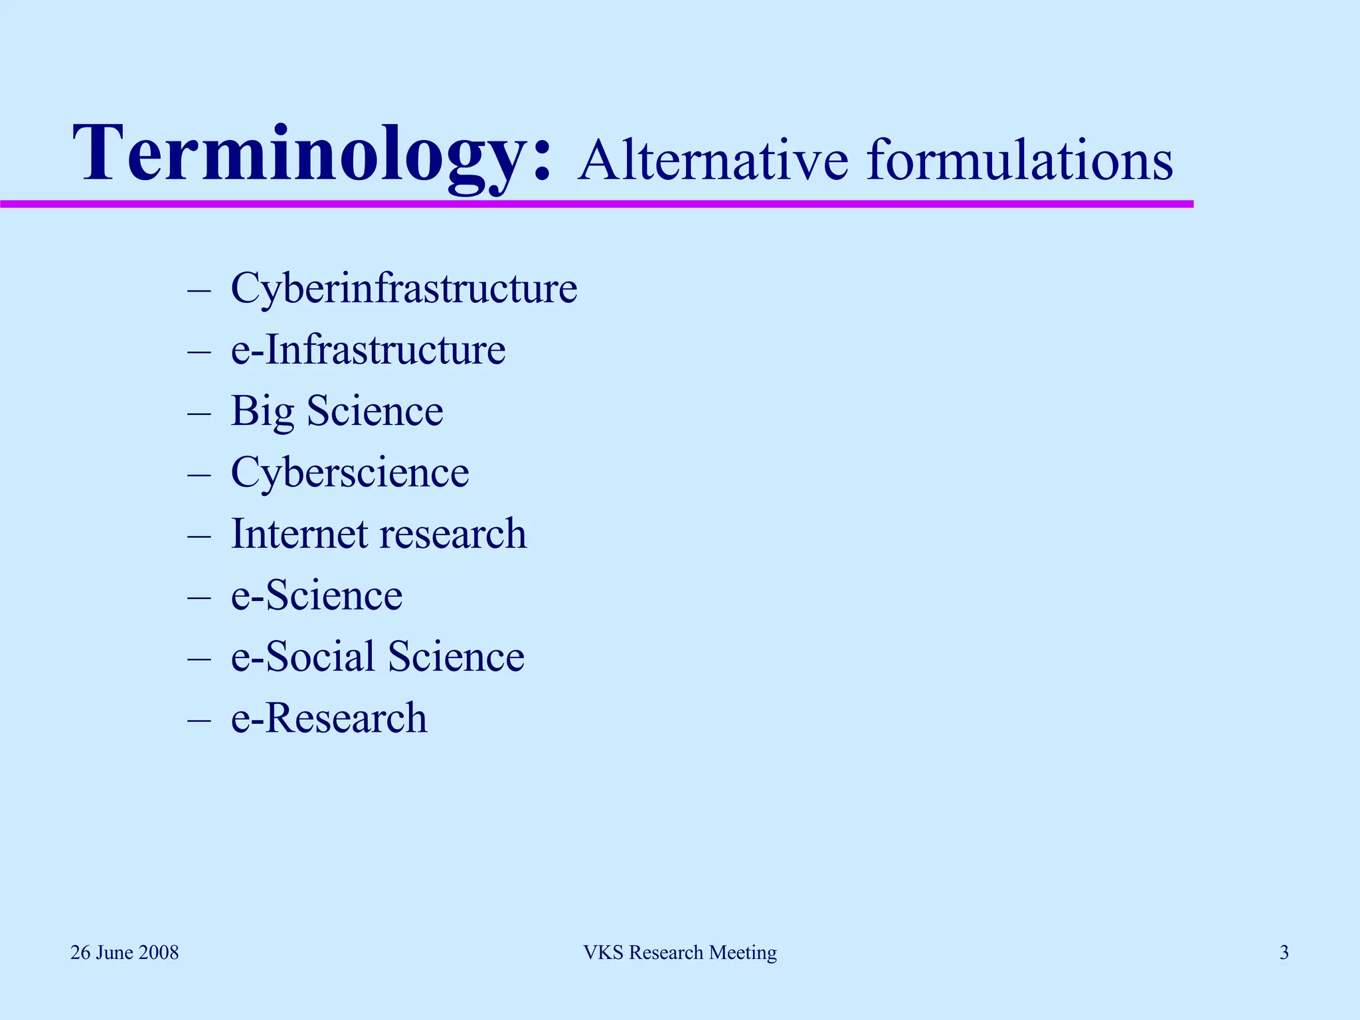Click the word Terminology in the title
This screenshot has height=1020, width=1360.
[311, 154]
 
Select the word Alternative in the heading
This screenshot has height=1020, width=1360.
[713, 161]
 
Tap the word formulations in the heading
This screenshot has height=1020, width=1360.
[1019, 161]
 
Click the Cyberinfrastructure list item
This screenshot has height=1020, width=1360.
[404, 289]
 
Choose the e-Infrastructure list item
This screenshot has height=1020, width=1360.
[368, 350]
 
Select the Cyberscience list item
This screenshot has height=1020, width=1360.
[350, 473]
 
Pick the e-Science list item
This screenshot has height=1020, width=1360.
[316, 596]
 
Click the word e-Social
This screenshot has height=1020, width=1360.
[303, 657]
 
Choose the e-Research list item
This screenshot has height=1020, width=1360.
[329, 719]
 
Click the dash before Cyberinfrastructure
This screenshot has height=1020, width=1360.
[199, 290]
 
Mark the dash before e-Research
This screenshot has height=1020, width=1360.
[199, 720]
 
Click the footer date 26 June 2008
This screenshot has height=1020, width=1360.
[125, 953]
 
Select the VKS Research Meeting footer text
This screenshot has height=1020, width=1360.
[680, 953]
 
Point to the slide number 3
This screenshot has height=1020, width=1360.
[1284, 953]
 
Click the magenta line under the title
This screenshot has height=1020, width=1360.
[598, 204]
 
